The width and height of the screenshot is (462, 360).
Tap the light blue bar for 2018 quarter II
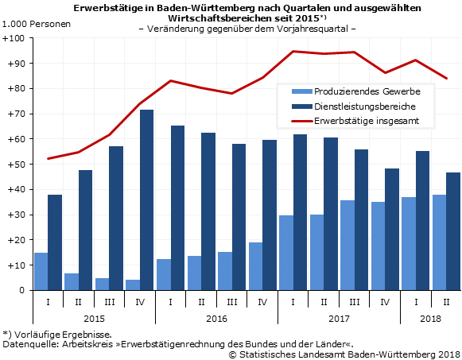(438, 242)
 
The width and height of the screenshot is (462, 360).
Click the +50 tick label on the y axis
(14, 165)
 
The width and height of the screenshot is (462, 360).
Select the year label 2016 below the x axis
(216, 318)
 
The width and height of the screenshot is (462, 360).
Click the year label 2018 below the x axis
(430, 318)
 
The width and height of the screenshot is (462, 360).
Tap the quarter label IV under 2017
(384, 302)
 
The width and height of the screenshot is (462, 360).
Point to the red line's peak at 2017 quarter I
(293, 52)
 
